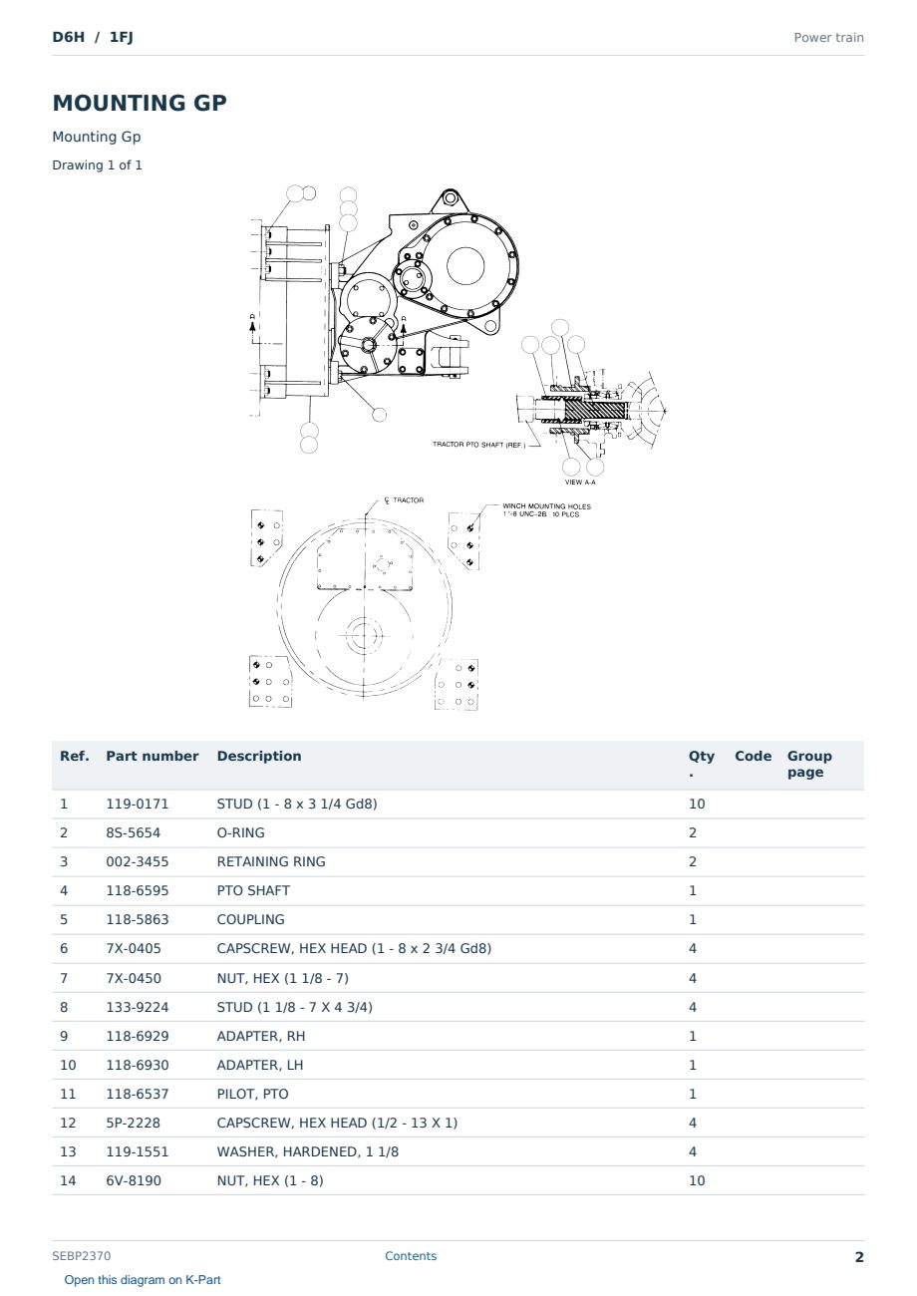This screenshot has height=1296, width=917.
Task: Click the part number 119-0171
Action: tap(138, 804)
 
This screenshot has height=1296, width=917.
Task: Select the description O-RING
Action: tap(240, 832)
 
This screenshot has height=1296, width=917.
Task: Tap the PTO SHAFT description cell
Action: tap(253, 890)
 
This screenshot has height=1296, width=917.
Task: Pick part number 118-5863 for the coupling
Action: tap(138, 919)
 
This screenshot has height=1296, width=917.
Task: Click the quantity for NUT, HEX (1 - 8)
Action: tap(697, 1180)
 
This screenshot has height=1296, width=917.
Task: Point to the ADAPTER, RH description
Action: tap(261, 1036)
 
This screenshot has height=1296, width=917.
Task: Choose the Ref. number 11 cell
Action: tap(68, 1094)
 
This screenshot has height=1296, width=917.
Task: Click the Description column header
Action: tap(259, 756)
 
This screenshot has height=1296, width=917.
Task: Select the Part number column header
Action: tap(153, 756)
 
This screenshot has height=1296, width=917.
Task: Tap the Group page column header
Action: tap(809, 764)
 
